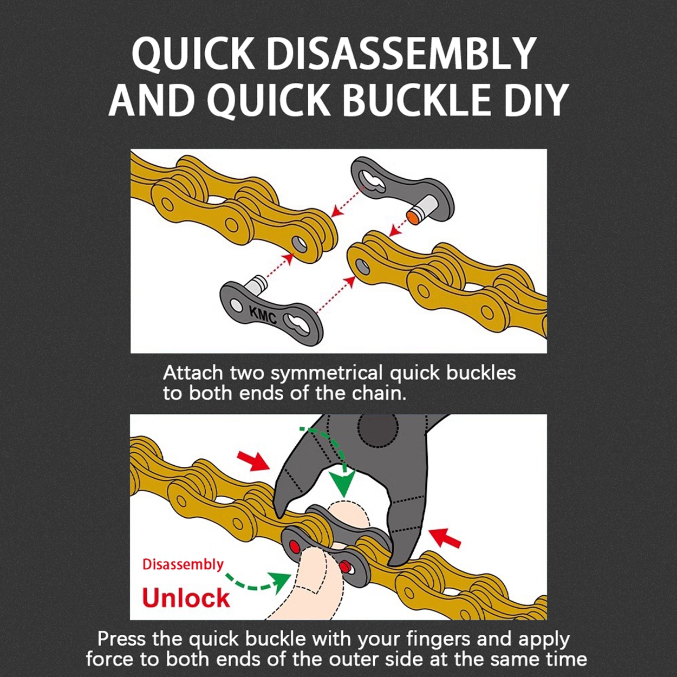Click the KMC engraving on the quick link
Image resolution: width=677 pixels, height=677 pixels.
[263, 315]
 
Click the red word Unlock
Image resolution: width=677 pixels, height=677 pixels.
[186, 597]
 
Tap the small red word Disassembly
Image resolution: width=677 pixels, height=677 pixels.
[183, 564]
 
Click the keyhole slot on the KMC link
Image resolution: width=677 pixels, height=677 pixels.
[299, 323]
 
